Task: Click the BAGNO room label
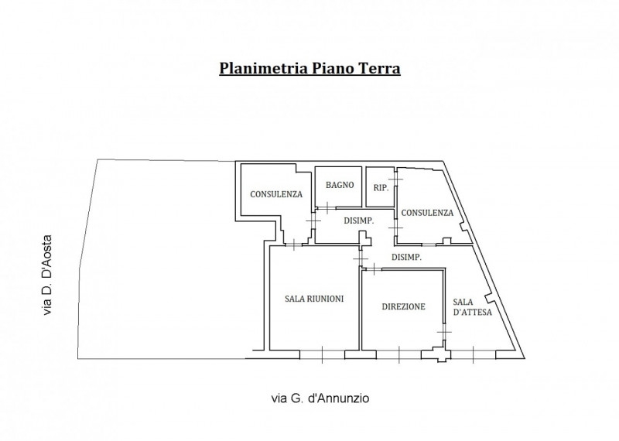pos(340,185)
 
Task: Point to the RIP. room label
pos(381,187)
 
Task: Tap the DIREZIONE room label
pos(403,306)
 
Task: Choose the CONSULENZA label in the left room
pos(275,194)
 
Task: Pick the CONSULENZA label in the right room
pos(428,213)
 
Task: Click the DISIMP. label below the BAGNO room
pos(359,220)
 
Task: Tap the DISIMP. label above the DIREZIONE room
pos(406,258)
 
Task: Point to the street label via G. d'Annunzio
pos(320,399)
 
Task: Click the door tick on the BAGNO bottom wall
pos(327,207)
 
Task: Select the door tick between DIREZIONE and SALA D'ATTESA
pos(444,331)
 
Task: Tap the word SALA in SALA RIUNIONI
pos(296,299)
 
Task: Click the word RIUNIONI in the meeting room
pos(326,299)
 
